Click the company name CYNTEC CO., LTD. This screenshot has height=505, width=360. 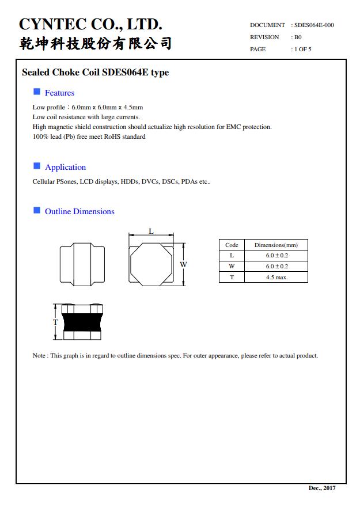click(x=90, y=24)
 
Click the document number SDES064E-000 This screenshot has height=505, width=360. click(x=314, y=25)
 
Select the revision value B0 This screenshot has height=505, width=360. click(x=298, y=37)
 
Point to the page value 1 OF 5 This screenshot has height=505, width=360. click(x=303, y=50)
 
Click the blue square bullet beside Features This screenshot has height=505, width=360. click(x=37, y=92)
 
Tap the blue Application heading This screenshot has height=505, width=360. click(x=65, y=167)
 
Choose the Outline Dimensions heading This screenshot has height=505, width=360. click(x=79, y=211)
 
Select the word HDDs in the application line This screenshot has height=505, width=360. click(x=130, y=181)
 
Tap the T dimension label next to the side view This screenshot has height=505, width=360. click(x=55, y=322)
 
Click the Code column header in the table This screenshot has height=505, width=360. click(x=232, y=245)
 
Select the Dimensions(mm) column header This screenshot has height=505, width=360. click(x=276, y=245)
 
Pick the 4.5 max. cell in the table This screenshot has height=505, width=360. click(x=276, y=277)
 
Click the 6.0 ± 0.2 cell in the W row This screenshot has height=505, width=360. click(x=276, y=266)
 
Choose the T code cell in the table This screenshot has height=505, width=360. click(x=232, y=277)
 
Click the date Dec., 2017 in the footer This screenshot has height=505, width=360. click(x=322, y=488)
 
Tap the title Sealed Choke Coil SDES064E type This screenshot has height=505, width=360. click(x=95, y=73)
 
